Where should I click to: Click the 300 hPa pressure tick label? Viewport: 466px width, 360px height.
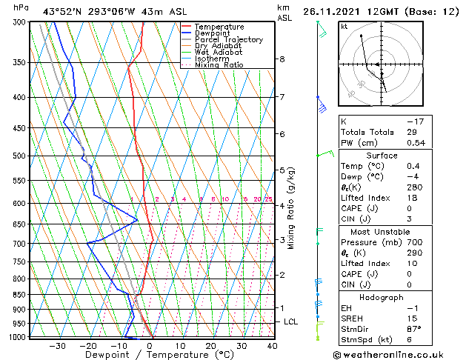[x=19, y=22]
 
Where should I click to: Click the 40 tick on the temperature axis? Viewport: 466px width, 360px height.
[x=273, y=346]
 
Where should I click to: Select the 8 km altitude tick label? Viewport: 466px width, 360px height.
[x=282, y=59]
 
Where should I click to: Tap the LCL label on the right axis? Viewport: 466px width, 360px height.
[x=291, y=322]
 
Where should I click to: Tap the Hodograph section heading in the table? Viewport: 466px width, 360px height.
[x=382, y=297]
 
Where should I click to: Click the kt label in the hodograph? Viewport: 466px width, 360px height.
[x=344, y=27]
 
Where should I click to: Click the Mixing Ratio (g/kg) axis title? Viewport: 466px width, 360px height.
[x=292, y=208]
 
